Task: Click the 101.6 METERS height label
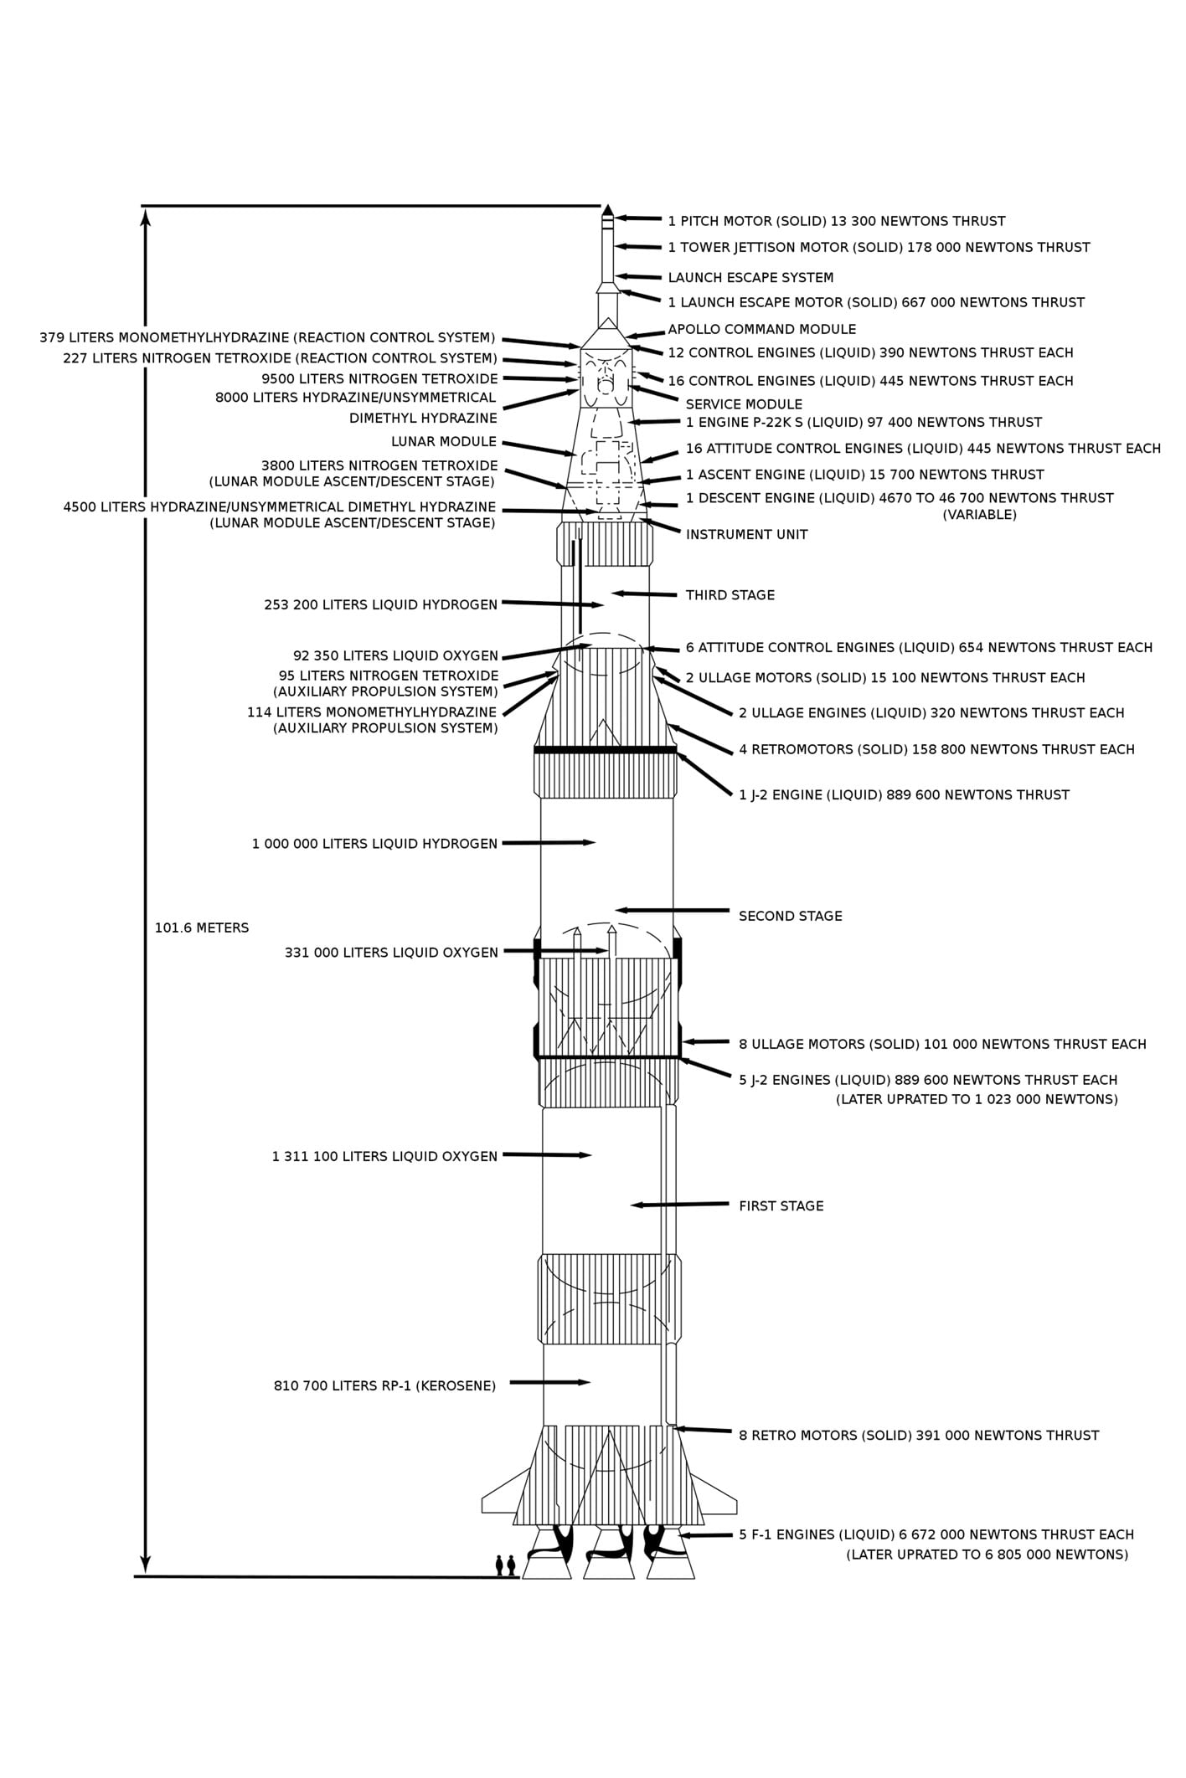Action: click(202, 928)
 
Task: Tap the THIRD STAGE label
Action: click(730, 595)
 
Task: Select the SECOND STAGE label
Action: click(790, 916)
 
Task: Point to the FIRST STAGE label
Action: click(781, 1205)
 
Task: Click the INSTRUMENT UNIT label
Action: click(746, 534)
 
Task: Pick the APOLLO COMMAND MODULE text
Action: click(761, 329)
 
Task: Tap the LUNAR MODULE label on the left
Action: click(444, 441)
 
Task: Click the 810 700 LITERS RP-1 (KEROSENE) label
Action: click(384, 1385)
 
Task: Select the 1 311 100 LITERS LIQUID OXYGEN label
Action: click(384, 1156)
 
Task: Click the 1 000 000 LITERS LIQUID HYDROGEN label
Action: click(374, 844)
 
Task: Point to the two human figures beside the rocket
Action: click(505, 1565)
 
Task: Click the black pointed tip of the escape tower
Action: click(608, 210)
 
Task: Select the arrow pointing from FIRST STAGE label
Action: click(678, 1205)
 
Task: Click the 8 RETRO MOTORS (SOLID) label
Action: click(918, 1435)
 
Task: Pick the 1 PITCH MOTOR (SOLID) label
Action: click(836, 221)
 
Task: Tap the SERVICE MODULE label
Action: click(744, 404)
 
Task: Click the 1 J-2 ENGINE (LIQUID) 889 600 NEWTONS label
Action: click(903, 794)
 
